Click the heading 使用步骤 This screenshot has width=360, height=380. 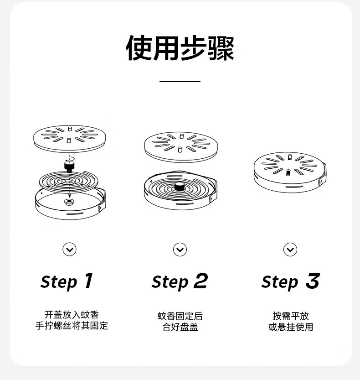(180, 48)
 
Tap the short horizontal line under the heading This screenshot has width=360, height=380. (180, 81)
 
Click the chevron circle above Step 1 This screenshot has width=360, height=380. (69, 250)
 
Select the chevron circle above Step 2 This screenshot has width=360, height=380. (180, 250)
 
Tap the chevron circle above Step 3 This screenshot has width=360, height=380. (290, 250)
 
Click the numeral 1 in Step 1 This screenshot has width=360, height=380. (88, 281)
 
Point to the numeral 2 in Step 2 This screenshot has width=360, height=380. (201, 281)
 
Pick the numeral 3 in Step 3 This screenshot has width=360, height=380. (313, 281)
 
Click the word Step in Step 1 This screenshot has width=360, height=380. (59, 282)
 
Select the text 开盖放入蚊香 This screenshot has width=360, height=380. (72, 315)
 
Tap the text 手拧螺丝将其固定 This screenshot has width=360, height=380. (72, 325)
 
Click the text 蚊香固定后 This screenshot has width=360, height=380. (180, 316)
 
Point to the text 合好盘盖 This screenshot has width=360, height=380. (180, 327)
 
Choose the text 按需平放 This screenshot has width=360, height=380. (291, 316)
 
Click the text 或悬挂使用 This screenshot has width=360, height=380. (291, 327)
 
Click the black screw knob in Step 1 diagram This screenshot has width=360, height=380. (69, 167)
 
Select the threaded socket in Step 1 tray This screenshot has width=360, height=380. (69, 201)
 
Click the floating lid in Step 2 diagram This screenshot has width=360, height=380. (181, 147)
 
